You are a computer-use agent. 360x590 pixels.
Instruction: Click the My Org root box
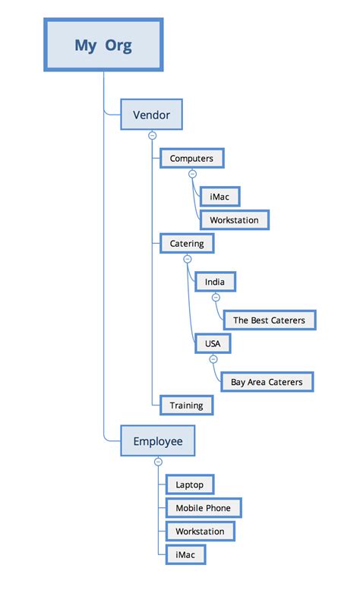tap(103, 45)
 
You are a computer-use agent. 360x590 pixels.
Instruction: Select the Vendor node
tap(151, 115)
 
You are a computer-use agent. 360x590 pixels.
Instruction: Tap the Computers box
tap(191, 158)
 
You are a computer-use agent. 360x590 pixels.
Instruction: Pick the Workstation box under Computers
tap(234, 220)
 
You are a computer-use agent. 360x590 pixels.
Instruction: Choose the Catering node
tap(187, 244)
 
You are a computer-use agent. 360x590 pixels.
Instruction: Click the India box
tap(215, 282)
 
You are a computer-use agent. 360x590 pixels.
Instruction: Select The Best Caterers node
tap(269, 320)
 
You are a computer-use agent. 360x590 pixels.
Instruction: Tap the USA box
tap(213, 343)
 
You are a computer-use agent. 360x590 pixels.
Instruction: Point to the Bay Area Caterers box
tap(267, 382)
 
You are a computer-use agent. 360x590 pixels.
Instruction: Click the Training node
tap(186, 405)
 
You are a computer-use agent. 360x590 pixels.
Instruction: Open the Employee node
tap(157, 441)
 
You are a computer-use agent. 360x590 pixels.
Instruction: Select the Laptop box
tap(190, 484)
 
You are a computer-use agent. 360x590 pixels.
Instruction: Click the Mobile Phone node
tap(204, 508)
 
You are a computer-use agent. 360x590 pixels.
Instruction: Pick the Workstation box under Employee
tap(201, 531)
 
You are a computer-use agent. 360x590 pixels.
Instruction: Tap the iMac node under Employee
tap(185, 554)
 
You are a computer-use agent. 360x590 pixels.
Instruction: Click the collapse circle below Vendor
tap(152, 135)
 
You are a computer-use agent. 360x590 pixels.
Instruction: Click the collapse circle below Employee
tap(158, 462)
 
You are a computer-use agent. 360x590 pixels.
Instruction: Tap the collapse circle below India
tap(216, 298)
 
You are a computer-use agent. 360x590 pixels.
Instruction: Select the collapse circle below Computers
tap(192, 174)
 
